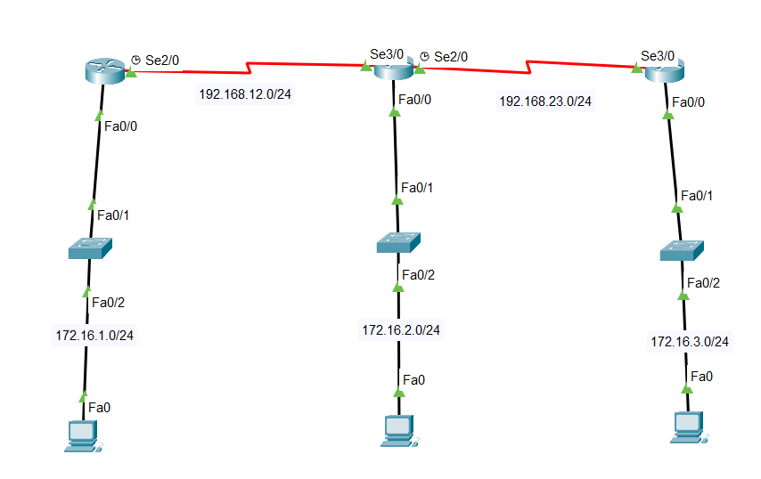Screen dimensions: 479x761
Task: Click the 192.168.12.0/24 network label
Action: pos(244,93)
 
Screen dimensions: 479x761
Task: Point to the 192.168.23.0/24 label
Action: pos(544,101)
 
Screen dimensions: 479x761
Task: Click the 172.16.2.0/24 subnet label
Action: pos(400,329)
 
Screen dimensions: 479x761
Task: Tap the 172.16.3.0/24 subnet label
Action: pos(690,341)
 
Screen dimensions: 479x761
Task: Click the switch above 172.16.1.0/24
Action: pos(90,249)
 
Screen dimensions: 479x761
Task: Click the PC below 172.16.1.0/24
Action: pos(82,435)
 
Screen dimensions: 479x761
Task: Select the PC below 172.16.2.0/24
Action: pos(396,429)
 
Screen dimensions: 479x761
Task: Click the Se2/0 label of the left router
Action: pos(162,61)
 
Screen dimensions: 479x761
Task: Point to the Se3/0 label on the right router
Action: pos(658,55)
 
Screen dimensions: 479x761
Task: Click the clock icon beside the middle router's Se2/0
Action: pos(425,56)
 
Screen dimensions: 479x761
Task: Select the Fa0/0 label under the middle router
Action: pos(415,100)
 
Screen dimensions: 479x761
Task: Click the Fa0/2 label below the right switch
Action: pos(703,283)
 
